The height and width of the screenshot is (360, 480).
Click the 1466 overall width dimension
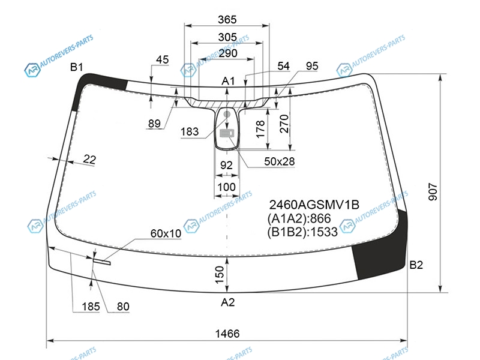[x=227, y=334]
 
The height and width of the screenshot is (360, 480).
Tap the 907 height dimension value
[x=433, y=192]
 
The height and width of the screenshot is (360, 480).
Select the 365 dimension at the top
[x=227, y=20]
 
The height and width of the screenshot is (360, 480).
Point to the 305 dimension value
[x=227, y=37]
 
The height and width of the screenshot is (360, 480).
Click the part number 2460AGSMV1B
[x=314, y=205]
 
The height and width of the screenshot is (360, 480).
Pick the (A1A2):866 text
[x=299, y=218]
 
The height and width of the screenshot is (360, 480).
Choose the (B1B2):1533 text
[x=302, y=232]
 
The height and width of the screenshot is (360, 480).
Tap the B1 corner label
[x=77, y=67]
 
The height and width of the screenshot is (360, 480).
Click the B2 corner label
[x=416, y=265]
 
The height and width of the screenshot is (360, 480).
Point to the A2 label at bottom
[x=228, y=302]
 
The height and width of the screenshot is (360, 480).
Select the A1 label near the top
[x=228, y=81]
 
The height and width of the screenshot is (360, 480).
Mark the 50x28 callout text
[x=280, y=161]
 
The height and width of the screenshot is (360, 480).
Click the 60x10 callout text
[x=166, y=233]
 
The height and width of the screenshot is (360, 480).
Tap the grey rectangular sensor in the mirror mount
[x=227, y=133]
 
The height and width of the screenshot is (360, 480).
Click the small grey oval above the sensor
[x=227, y=114]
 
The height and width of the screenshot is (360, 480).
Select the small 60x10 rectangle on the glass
[x=102, y=262]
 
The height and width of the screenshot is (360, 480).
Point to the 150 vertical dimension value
[x=220, y=275]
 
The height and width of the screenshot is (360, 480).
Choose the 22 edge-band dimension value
[x=89, y=159]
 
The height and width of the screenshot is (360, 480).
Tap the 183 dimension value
[x=190, y=131]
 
